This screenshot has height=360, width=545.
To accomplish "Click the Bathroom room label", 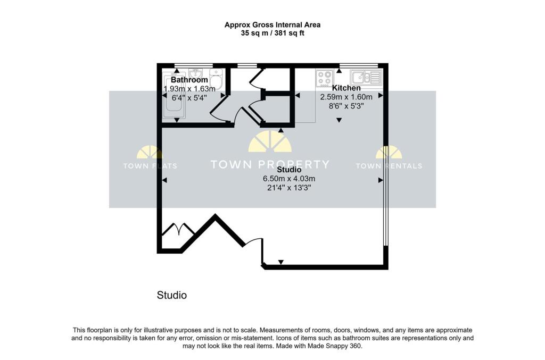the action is [x=189, y=80].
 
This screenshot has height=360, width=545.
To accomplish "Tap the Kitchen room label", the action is [x=346, y=88].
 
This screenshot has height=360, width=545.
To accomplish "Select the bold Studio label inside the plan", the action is [x=289, y=170].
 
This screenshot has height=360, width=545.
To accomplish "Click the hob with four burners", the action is [x=325, y=78].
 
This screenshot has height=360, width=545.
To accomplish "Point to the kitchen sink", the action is [x=366, y=78].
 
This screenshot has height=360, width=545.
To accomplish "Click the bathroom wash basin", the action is [x=196, y=73].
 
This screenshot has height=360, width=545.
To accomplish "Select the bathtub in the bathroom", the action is [x=174, y=96].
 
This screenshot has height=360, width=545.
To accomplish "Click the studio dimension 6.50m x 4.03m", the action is [x=289, y=179].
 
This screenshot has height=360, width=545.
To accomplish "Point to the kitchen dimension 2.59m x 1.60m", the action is [x=346, y=97].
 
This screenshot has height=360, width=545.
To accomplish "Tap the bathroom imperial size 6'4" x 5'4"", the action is [x=189, y=98].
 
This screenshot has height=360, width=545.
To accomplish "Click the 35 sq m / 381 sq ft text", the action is [x=272, y=34].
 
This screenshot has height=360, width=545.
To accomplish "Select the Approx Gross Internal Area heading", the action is [x=272, y=25].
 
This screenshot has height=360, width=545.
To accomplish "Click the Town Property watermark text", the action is [x=270, y=164].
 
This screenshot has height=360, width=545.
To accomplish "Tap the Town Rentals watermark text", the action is [x=389, y=166].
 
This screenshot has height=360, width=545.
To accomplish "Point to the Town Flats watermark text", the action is [x=150, y=166].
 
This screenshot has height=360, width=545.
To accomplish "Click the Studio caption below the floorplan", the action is [x=172, y=295].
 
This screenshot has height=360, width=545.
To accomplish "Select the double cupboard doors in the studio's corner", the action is [x=178, y=230].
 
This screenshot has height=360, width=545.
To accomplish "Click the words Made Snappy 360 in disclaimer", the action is [x=334, y=346].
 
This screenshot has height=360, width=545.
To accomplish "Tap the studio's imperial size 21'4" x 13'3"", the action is [x=289, y=188].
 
